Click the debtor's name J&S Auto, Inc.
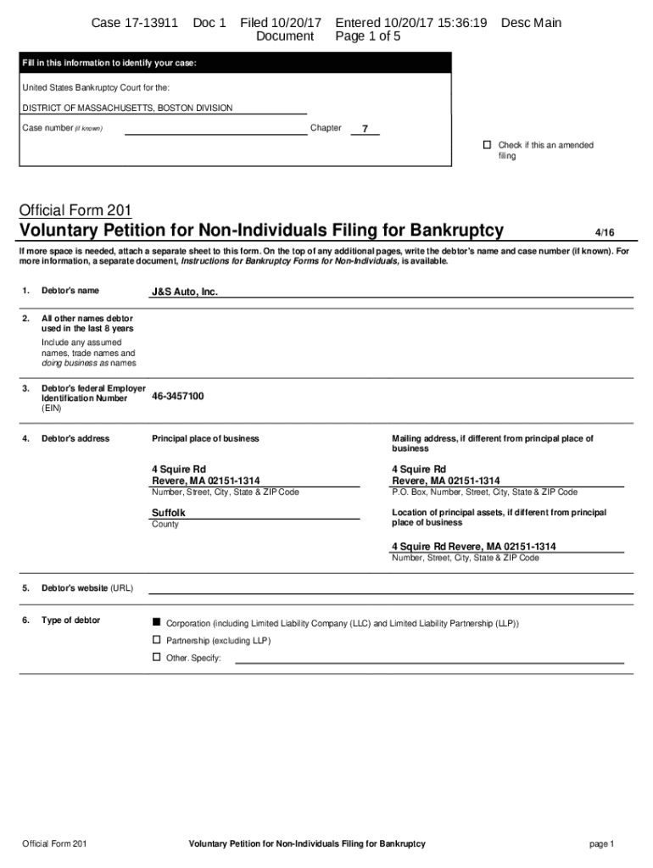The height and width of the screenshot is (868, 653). coord(185,292)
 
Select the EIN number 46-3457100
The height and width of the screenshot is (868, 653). coord(177,396)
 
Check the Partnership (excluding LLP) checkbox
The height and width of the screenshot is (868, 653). coord(156,640)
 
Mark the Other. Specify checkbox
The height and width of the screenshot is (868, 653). coord(156,657)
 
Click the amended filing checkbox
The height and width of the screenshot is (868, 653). coord(487,145)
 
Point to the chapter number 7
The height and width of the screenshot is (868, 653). coord(365,129)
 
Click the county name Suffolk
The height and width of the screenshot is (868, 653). coord(168,513)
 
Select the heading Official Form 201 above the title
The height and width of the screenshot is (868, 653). coord(76,210)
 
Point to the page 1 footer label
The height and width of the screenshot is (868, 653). coord(601,844)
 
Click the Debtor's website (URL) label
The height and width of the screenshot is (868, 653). coord(87,588)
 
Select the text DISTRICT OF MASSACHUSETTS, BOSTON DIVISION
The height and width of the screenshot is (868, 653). coord(127,108)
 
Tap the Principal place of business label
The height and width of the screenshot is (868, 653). coord(205,438)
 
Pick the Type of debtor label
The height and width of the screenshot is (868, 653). coord(70,620)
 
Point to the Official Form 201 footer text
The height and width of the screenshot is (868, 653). coord(54,844)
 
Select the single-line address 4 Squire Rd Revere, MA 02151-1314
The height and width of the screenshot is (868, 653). coord(473,547)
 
